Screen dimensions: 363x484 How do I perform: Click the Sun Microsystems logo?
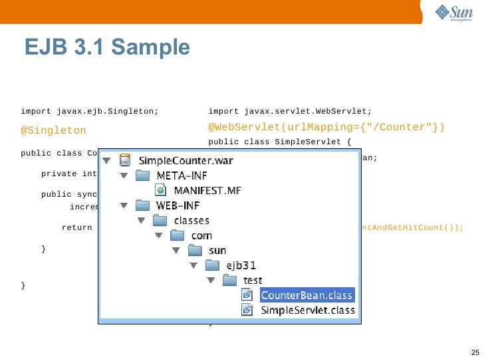454,13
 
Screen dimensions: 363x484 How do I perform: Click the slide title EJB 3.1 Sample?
107,47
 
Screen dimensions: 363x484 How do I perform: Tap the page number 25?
474,352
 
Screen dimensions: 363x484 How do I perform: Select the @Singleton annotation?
53,131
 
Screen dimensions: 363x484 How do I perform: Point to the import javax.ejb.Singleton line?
90,111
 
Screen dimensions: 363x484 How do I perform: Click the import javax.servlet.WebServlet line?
290,111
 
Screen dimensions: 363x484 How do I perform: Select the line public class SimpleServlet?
279,142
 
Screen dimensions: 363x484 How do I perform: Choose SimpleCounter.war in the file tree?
185,160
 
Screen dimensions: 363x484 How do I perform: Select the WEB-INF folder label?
179,205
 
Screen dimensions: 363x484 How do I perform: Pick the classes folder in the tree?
191,221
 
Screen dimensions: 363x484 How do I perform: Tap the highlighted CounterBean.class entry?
306,296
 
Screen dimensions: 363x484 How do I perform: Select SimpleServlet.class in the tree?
307,310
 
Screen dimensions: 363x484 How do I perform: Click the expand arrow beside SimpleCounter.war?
106,161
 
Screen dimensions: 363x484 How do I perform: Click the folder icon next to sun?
195,251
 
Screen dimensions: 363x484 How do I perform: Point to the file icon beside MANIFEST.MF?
160,191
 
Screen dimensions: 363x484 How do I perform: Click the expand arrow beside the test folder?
211,281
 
